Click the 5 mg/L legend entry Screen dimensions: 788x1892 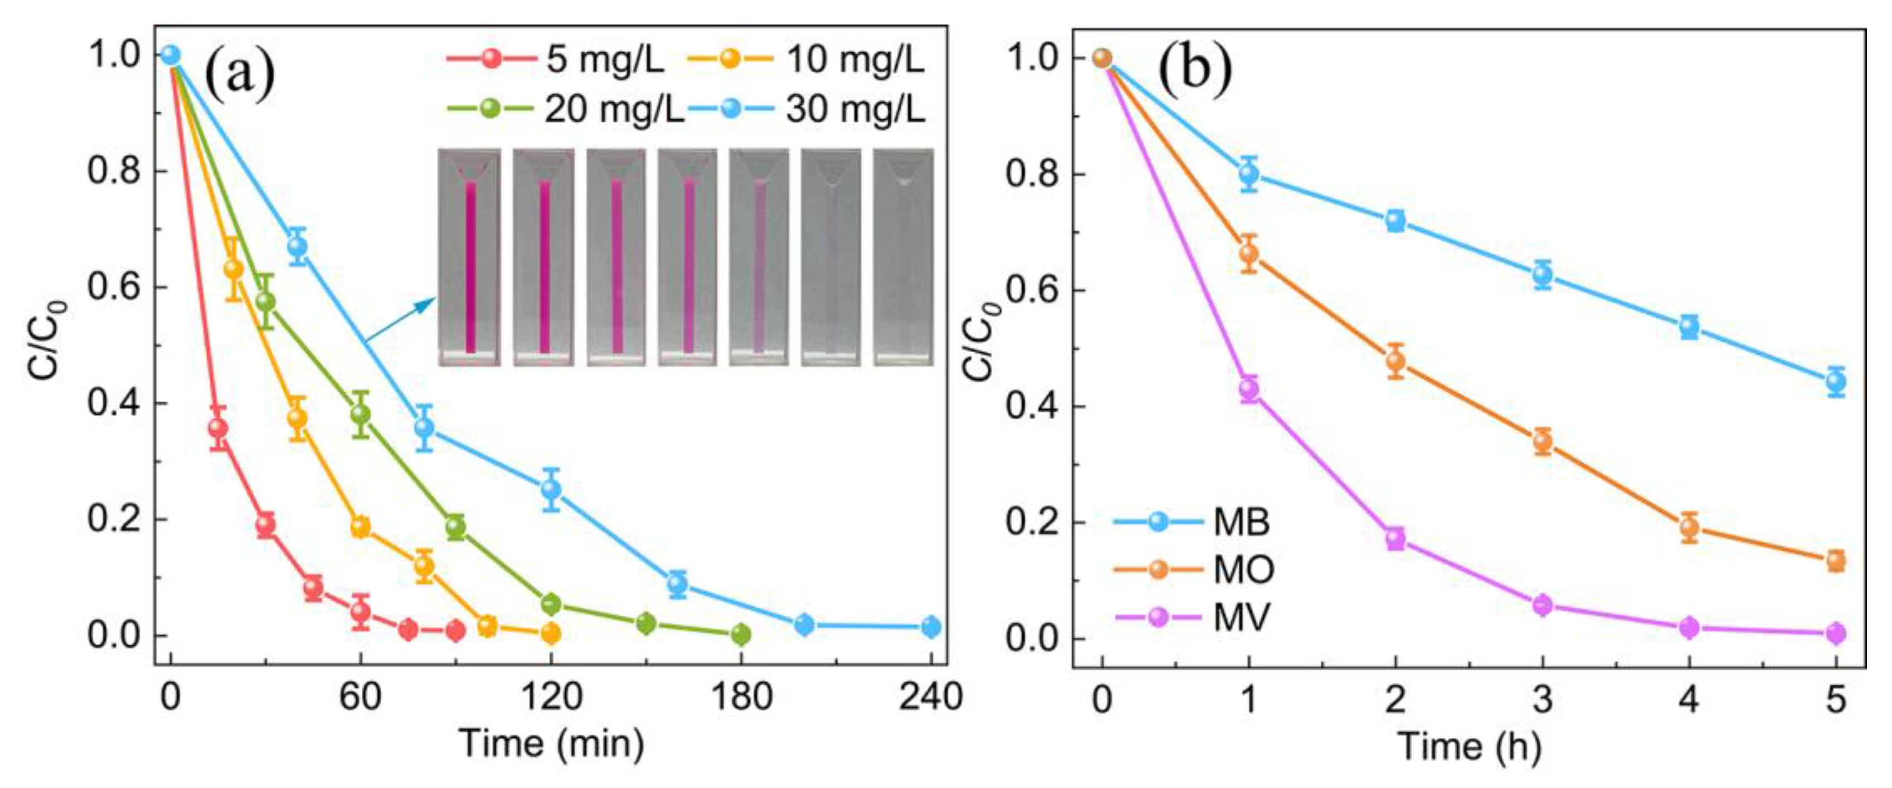pos(556,59)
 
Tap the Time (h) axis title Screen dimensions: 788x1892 pos(1469,746)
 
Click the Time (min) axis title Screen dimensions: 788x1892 pos(551,743)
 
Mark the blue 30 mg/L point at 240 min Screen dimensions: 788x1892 pos(930,626)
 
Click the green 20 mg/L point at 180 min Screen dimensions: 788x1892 pos(741,634)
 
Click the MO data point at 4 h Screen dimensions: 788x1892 pos(1689,527)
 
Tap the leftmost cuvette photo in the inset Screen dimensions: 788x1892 pos(470,257)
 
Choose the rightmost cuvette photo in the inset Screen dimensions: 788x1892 pos(904,257)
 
